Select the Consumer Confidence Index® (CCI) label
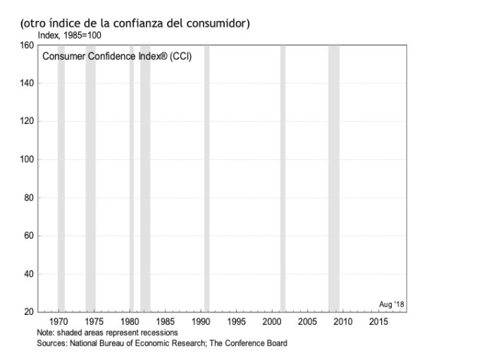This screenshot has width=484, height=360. click(117, 56)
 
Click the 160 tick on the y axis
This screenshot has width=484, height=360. click(27, 46)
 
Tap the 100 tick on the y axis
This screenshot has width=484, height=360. click(27, 160)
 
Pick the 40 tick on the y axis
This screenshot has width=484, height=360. click(29, 274)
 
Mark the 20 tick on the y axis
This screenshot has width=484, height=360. click(29, 312)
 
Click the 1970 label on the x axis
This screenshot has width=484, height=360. click(58, 322)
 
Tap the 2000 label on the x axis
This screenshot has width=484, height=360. click(272, 322)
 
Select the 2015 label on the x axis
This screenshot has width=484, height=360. click(378, 322)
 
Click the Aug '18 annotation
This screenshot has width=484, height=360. click(391, 304)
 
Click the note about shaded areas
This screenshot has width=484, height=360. click(107, 332)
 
